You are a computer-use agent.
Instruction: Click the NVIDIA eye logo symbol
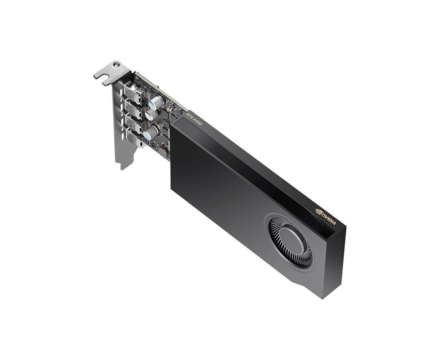tap(319, 211)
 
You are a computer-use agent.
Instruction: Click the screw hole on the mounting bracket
tap(116, 65)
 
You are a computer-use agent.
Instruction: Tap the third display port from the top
tap(134, 123)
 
